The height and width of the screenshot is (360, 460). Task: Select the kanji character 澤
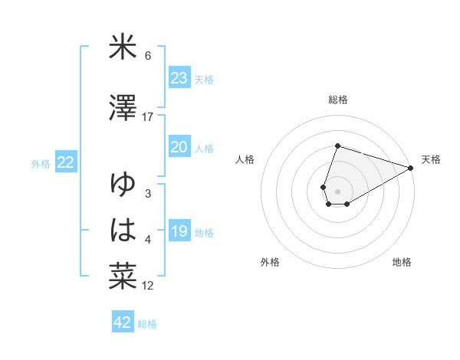[x=123, y=109]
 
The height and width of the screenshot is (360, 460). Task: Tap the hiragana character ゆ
[x=123, y=185]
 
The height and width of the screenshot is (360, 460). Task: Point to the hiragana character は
[x=123, y=231]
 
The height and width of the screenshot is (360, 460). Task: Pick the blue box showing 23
[x=179, y=78]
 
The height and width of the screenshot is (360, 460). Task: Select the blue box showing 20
[x=179, y=147]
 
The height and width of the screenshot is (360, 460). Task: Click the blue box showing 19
[x=179, y=231]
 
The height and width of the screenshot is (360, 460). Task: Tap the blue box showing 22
[x=66, y=162]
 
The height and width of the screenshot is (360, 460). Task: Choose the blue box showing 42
[x=123, y=322]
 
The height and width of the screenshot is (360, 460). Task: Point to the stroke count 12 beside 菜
[x=148, y=286]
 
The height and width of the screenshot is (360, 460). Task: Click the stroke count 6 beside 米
[x=148, y=56]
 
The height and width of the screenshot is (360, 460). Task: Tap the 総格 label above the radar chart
[x=338, y=100]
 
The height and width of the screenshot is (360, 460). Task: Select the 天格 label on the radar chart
[x=431, y=159]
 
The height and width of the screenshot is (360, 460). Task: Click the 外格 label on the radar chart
[x=270, y=262]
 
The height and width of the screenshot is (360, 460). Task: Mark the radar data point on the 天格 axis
[x=411, y=168]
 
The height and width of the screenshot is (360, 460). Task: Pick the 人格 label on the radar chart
[x=245, y=159]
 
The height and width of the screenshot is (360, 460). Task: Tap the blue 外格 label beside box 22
[x=41, y=163]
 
